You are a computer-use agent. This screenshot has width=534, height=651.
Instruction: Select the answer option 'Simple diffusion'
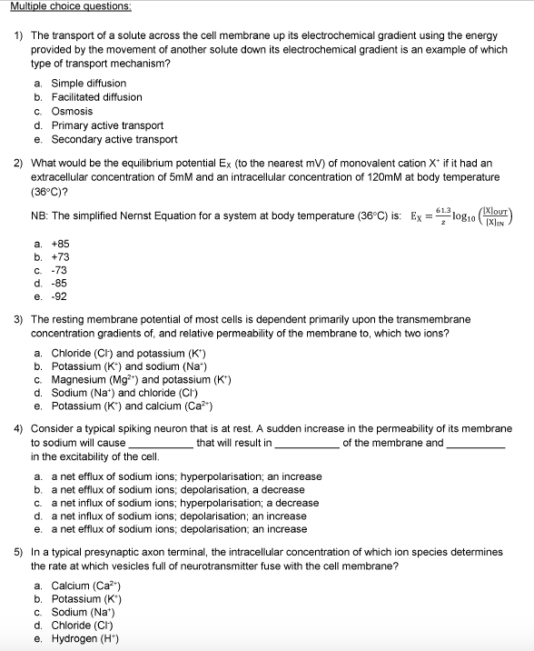point(88,83)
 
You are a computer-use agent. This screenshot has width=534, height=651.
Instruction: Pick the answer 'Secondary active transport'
point(114,139)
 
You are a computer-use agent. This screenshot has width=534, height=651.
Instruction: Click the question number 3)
point(18,320)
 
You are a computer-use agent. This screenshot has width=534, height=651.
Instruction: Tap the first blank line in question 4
point(160,444)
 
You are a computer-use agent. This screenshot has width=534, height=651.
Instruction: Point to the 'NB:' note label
point(41,218)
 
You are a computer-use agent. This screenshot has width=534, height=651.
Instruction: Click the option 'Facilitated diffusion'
point(96,97)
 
